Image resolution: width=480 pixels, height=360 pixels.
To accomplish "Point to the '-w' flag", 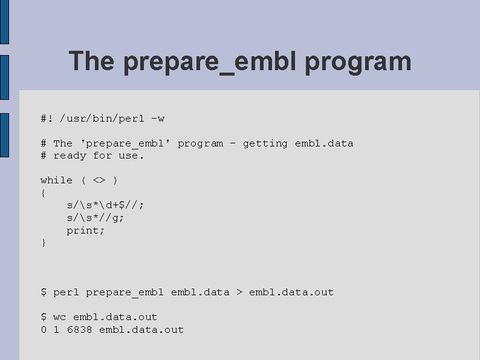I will tap(158, 119).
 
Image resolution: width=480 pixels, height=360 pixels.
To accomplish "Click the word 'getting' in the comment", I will tap(265, 143).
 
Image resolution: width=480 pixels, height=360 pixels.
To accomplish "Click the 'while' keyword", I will tap(56, 180).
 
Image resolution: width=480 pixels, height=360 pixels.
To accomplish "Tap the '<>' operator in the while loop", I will tap(99, 180).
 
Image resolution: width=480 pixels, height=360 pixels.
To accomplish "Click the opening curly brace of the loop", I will tap(43, 193).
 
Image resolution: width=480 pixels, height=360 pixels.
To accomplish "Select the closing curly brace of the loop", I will tap(43, 243).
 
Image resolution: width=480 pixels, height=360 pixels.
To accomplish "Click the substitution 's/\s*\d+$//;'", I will tap(105, 205).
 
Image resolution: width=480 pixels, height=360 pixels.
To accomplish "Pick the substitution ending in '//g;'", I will tap(96, 218).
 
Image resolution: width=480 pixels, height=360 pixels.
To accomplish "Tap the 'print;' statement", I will tap(86, 231).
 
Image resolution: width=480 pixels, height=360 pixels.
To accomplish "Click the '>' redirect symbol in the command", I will tap(239, 292).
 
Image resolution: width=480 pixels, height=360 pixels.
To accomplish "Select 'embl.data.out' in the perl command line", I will tap(291, 292).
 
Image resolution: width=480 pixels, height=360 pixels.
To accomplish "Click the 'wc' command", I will tap(60, 317).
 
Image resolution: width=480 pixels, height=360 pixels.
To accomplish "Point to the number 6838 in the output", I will tap(79, 330).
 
